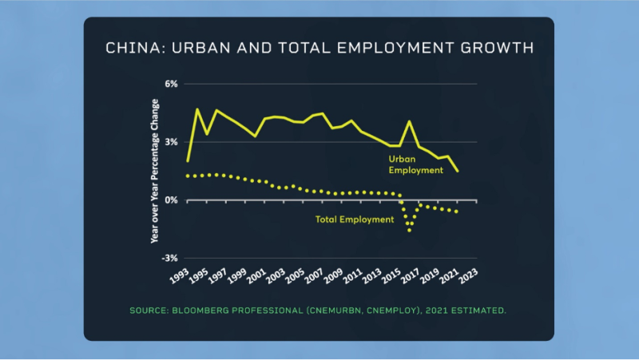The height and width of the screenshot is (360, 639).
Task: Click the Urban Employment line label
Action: click(415, 164)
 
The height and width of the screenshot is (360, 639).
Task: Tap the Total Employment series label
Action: click(355, 219)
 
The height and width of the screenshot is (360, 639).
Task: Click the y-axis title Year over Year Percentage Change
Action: click(155, 171)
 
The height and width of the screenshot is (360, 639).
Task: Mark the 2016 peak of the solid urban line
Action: click(409, 121)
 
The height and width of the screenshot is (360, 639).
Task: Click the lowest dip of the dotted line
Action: click(410, 230)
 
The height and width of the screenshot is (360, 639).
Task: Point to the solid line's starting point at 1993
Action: click(188, 160)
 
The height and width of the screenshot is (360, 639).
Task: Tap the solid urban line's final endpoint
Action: click(458, 171)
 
